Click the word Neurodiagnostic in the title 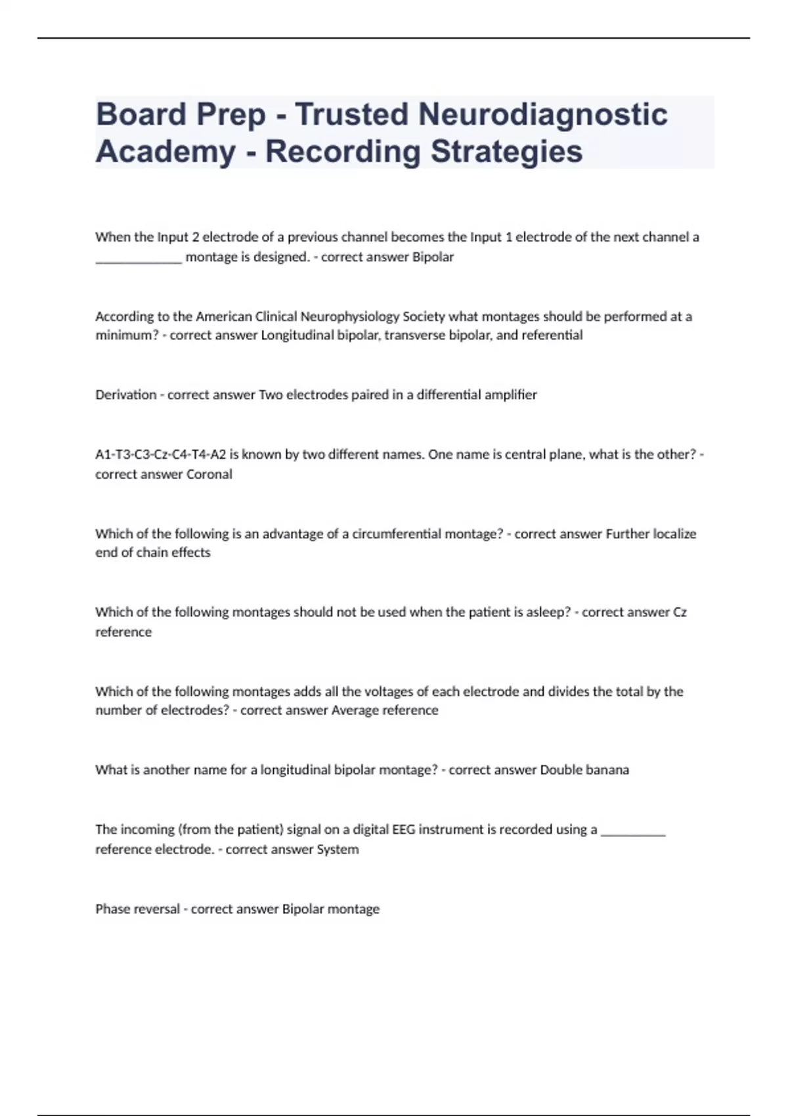543,114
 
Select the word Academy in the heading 165,151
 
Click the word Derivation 126,395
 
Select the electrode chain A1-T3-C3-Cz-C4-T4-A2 161,454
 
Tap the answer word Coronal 209,474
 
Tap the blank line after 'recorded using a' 633,832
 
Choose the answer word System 338,849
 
